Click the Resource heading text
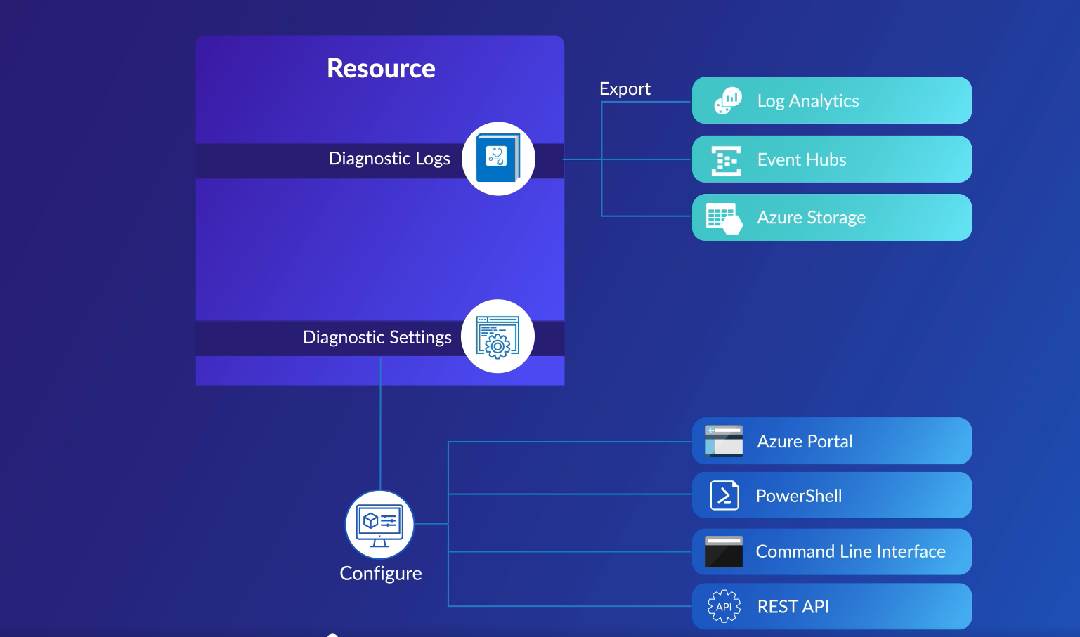[381, 69]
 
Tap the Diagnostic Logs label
[389, 159]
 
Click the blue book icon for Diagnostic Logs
[497, 159]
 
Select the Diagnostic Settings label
[377, 338]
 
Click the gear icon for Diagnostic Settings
[497, 337]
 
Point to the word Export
[625, 89]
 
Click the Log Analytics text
[807, 101]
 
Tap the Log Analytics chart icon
[727, 101]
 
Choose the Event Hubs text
[801, 160]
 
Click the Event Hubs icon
[726, 161]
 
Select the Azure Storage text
[811, 218]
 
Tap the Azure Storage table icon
[724, 218]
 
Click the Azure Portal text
[805, 442]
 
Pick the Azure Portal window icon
[724, 441]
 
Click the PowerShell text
[798, 497]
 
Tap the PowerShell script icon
[724, 496]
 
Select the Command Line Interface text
[850, 552]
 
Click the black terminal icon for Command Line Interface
[724, 552]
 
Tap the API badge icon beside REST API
[724, 607]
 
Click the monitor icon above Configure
[379, 525]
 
